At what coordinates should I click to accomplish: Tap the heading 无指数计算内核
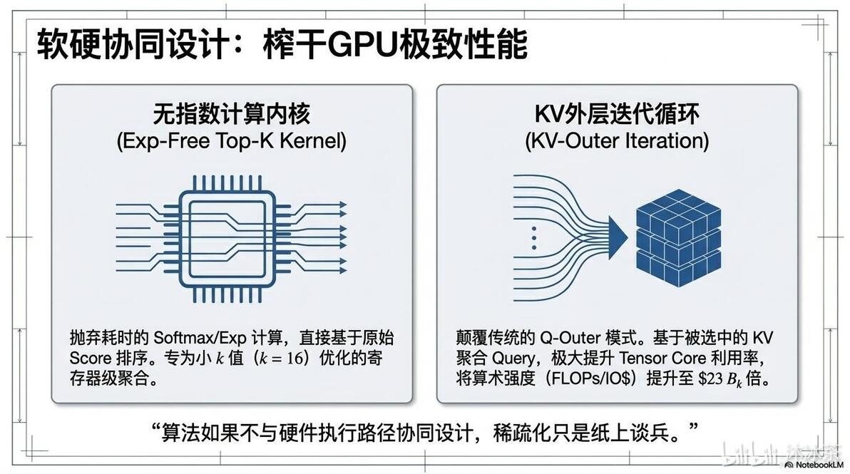click(x=232, y=114)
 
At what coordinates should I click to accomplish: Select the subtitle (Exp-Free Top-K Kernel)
click(x=232, y=141)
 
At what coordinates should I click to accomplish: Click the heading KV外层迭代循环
click(x=617, y=114)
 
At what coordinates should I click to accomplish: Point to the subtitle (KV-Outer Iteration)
click(x=617, y=141)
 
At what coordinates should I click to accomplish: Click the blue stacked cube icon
click(x=679, y=237)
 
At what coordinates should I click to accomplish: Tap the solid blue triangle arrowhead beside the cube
click(x=618, y=237)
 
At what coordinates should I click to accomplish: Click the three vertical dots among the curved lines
click(x=534, y=238)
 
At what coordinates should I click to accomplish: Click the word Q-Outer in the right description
click(x=570, y=338)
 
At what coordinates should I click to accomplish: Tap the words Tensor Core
click(x=662, y=358)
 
